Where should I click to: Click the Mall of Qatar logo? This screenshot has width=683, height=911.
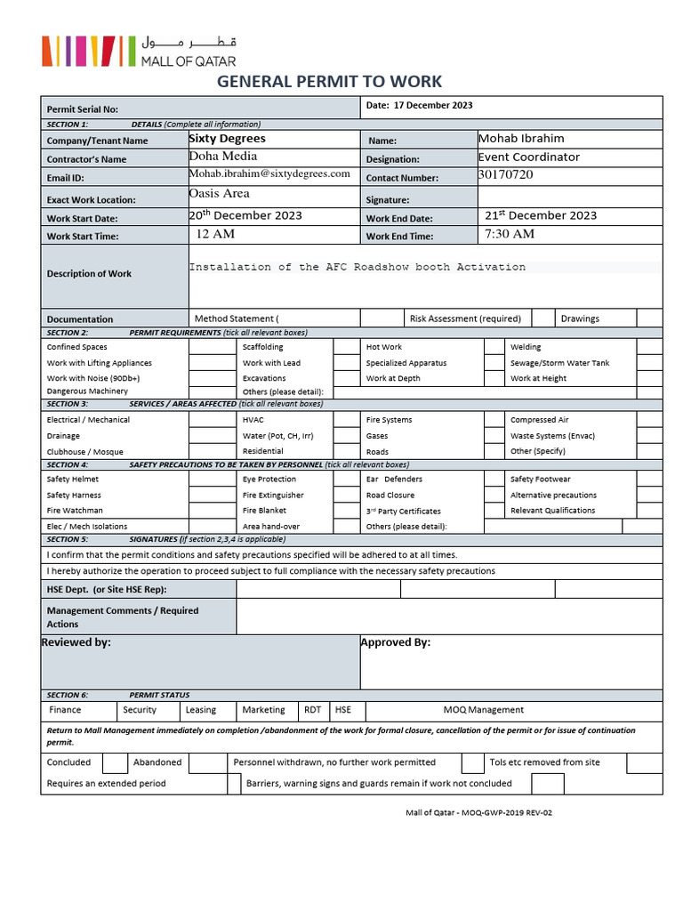(x=140, y=51)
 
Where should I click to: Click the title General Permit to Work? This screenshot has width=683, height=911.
(x=330, y=82)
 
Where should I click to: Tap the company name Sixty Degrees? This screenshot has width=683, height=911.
(x=227, y=139)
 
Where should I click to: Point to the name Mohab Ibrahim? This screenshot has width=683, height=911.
(x=521, y=139)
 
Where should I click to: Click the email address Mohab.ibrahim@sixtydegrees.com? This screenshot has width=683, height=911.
(x=269, y=174)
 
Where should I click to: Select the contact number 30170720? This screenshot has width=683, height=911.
(x=506, y=175)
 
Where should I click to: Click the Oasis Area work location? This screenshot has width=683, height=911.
(x=219, y=194)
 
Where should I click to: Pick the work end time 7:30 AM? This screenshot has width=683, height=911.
(x=510, y=234)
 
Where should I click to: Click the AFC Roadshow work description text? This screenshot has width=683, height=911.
(x=357, y=267)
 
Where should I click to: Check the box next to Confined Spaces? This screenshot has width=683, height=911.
(x=212, y=347)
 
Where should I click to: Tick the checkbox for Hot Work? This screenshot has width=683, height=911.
(x=494, y=347)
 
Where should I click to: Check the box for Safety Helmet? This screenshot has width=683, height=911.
(x=212, y=480)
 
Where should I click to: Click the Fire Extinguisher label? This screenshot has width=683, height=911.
(x=273, y=496)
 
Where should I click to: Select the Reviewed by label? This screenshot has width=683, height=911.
(x=76, y=642)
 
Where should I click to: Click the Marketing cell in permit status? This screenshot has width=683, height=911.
(x=263, y=710)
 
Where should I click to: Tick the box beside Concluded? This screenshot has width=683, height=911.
(x=115, y=762)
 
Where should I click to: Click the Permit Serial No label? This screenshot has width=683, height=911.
(x=82, y=109)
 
